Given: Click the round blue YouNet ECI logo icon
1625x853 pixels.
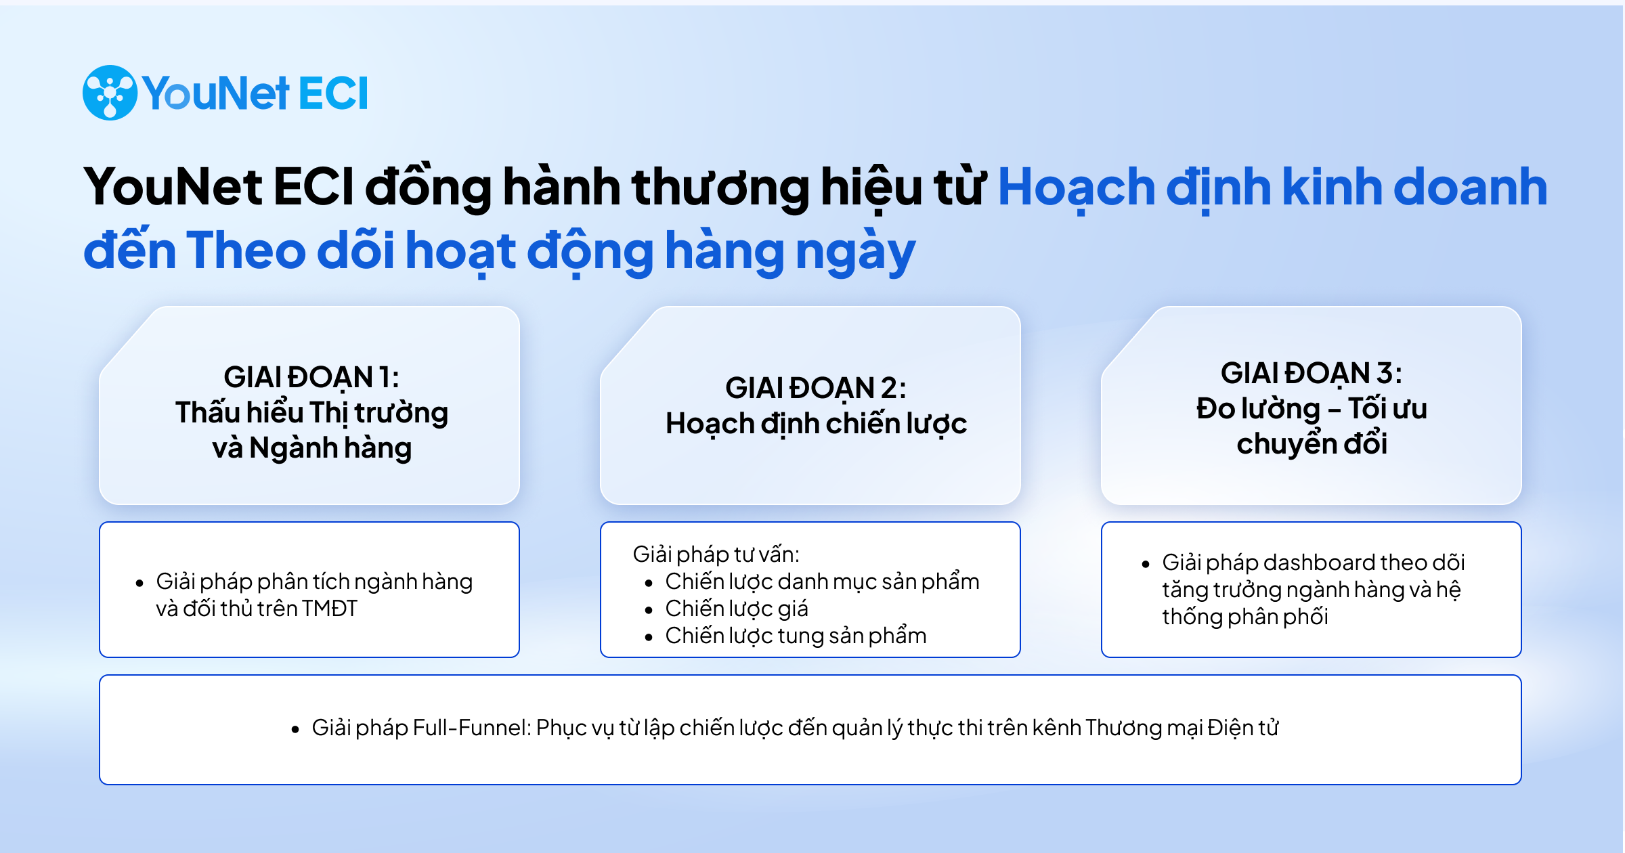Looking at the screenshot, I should click(x=110, y=93).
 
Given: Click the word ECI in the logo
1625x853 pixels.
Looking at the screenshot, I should click(x=332, y=93).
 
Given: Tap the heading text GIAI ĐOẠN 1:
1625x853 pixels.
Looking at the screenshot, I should click(x=311, y=378).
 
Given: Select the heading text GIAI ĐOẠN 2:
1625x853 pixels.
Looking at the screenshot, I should click(x=815, y=389).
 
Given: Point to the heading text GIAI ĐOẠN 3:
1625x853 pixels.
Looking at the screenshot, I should click(x=1311, y=374).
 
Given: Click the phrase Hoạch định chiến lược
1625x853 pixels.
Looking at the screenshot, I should click(x=816, y=424).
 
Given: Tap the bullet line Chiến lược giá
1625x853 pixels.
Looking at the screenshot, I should click(x=737, y=609).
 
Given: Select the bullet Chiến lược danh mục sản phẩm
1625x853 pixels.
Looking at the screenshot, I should click(x=822, y=582).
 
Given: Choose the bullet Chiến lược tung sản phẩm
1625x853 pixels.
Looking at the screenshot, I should click(x=796, y=636).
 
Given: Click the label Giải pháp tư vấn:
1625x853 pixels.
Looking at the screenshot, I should click(x=716, y=554).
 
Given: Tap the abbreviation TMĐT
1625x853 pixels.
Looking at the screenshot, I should click(x=330, y=609).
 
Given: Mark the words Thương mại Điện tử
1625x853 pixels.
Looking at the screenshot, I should click(x=1182, y=728).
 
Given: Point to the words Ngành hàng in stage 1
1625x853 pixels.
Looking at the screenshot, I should click(x=330, y=448).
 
